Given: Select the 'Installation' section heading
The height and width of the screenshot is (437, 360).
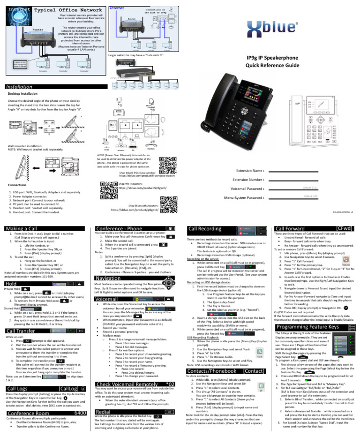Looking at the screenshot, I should pos(20,87).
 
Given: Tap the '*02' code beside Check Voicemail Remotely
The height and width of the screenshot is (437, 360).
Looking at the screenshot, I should pos(171,384).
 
